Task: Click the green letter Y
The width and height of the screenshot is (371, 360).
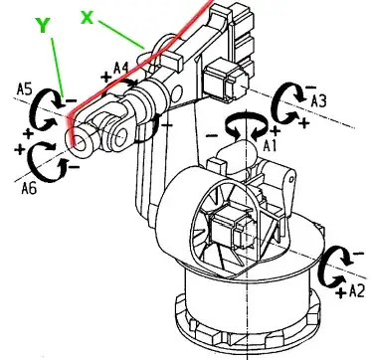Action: click(43, 26)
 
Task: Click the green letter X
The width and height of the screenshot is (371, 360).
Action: click(88, 17)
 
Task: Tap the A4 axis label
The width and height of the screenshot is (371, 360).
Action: click(121, 68)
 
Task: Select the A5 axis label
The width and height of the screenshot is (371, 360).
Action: click(24, 90)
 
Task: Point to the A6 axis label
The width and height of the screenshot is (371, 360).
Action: click(29, 188)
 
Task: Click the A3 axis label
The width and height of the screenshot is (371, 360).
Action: click(318, 101)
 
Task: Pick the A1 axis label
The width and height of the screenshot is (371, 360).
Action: click(270, 145)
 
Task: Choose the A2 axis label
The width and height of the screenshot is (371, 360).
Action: click(357, 291)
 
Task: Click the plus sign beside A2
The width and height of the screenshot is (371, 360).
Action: click(340, 292)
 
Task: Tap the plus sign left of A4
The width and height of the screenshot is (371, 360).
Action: click(106, 78)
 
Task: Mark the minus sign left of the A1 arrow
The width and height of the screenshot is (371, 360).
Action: click(212, 135)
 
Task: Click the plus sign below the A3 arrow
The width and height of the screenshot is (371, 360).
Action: click(304, 123)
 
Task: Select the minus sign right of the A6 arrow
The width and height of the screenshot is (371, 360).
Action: click(74, 166)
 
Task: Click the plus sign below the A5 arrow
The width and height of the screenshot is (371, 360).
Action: click(29, 133)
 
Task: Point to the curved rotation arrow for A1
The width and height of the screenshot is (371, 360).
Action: click(246, 125)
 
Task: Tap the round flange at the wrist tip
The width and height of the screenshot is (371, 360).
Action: click(81, 141)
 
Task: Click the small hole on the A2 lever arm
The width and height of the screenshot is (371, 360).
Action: click(291, 179)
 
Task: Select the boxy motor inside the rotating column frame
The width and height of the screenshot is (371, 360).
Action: click(229, 228)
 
